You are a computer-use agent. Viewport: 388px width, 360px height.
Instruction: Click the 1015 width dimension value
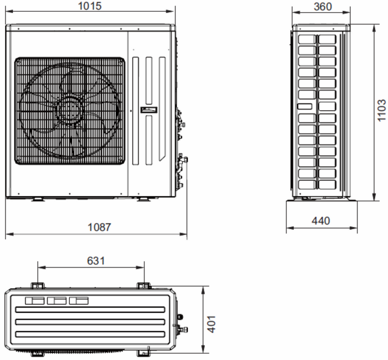point(90,6)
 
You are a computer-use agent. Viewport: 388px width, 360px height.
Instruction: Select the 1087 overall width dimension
point(99,227)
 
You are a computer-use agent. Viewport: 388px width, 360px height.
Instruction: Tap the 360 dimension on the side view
point(323,7)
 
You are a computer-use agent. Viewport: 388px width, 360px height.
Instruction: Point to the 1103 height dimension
point(381,110)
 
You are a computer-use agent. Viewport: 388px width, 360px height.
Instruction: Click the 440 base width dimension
point(321,221)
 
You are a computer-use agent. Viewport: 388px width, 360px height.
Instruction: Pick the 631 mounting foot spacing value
point(96,261)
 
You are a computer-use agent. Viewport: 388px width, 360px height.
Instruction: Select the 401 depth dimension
point(211,324)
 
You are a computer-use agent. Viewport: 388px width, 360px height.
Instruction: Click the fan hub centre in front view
point(69,110)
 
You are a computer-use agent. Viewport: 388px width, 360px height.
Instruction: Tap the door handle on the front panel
point(149,110)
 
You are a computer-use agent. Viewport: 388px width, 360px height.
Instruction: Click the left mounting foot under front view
point(38,199)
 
